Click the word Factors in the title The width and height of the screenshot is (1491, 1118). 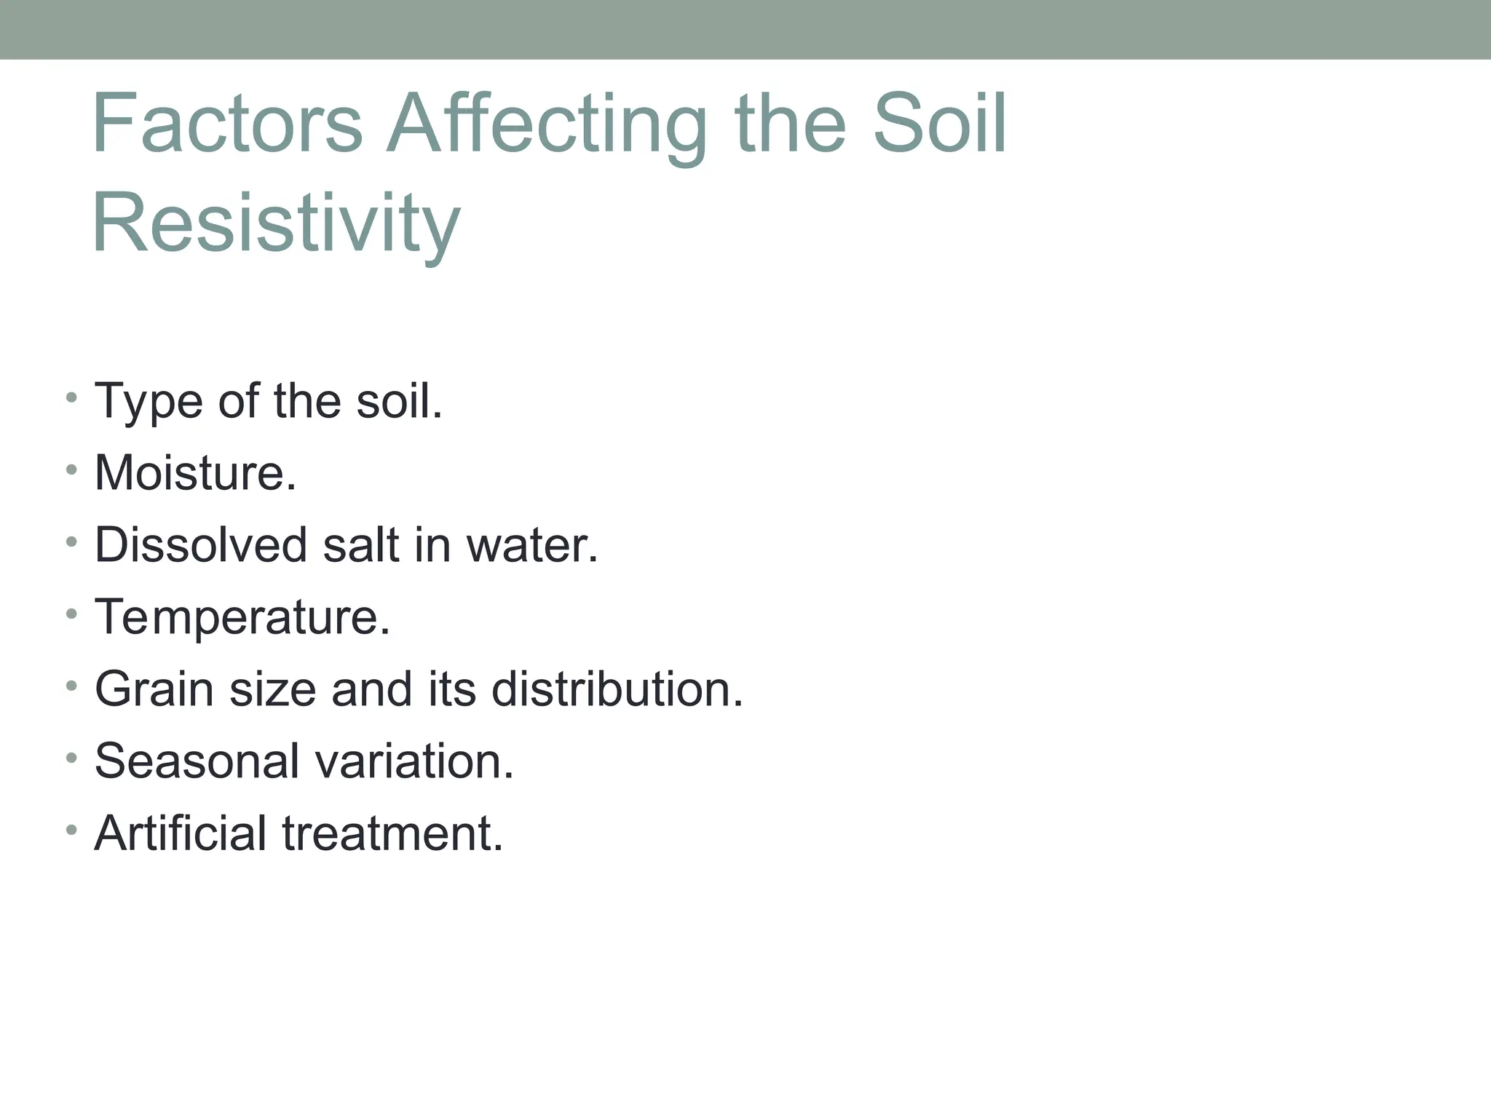pyautogui.click(x=227, y=124)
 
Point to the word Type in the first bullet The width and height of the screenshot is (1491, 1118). pyautogui.click(x=149, y=402)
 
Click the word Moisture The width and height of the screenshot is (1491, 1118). pyautogui.click(x=195, y=473)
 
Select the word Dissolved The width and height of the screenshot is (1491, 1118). pyautogui.click(x=201, y=545)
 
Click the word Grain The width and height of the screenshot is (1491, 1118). pyautogui.click(x=154, y=689)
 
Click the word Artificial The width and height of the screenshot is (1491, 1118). pyautogui.click(x=181, y=833)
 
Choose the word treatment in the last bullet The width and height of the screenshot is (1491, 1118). pyautogui.click(x=393, y=833)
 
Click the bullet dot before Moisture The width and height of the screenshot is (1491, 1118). pyautogui.click(x=71, y=470)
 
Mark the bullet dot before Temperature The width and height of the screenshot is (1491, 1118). pyautogui.click(x=71, y=614)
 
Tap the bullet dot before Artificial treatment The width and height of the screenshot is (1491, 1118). pyautogui.click(x=71, y=830)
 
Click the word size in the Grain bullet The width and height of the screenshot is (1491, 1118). pyautogui.click(x=273, y=689)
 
